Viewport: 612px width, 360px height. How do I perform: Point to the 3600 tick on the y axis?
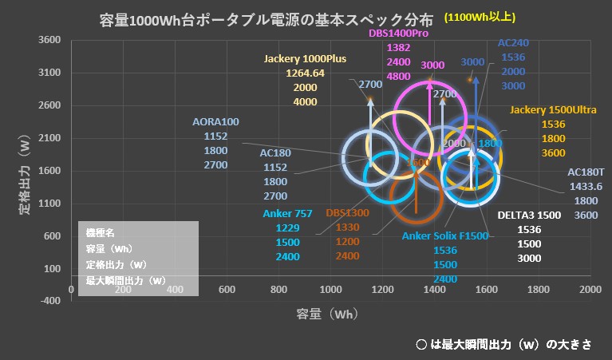click(50, 40)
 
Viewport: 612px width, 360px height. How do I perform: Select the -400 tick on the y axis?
click(50, 301)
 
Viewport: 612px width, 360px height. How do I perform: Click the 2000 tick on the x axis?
click(590, 288)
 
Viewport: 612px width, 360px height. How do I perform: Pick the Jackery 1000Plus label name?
click(305, 58)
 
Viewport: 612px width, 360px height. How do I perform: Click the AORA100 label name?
click(215, 122)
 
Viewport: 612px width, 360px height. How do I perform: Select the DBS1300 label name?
click(347, 213)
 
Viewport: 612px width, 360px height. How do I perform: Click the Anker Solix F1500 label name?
click(445, 235)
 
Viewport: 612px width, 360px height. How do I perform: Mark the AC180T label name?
click(586, 172)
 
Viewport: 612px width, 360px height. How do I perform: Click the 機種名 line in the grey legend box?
click(101, 232)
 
